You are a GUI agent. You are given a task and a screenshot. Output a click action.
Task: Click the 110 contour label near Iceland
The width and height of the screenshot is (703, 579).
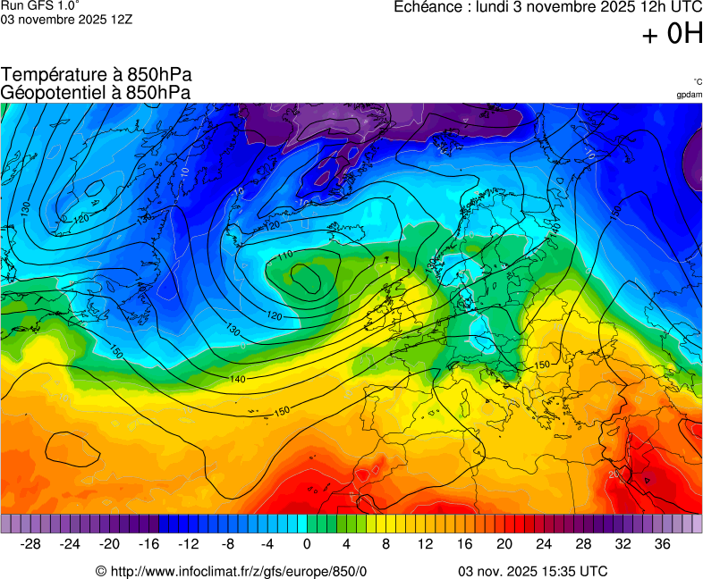tap(285, 256)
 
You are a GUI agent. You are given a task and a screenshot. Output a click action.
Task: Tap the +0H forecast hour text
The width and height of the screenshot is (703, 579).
tap(672, 35)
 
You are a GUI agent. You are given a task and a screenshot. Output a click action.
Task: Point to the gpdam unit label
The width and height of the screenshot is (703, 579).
tap(689, 94)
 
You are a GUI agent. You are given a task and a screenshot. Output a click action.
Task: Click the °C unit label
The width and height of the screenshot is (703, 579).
tap(697, 81)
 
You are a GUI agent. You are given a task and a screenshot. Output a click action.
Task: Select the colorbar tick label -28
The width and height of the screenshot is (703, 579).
tap(30, 543)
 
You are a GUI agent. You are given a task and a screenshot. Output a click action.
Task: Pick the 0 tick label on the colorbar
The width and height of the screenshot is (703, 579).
tap(307, 543)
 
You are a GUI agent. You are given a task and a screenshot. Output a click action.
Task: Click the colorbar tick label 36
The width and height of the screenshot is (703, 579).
tap(662, 543)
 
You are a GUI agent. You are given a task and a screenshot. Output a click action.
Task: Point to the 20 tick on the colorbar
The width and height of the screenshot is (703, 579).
tap(504, 543)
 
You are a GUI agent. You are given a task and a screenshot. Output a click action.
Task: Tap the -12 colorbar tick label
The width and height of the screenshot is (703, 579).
tap(188, 543)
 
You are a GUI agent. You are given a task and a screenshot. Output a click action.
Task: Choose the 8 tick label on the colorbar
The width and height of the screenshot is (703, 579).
tap(385, 543)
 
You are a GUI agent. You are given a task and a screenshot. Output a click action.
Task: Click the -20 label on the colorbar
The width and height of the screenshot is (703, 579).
tap(109, 543)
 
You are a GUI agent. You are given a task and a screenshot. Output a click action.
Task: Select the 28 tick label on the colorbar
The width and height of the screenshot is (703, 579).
tap(583, 543)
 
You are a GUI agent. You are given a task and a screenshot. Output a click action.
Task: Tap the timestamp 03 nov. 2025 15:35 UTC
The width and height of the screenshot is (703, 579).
tap(532, 571)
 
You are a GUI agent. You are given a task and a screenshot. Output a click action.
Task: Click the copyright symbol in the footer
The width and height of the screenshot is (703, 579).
tap(101, 571)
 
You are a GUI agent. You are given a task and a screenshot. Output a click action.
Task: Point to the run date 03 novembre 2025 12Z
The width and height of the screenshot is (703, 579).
tap(66, 20)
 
